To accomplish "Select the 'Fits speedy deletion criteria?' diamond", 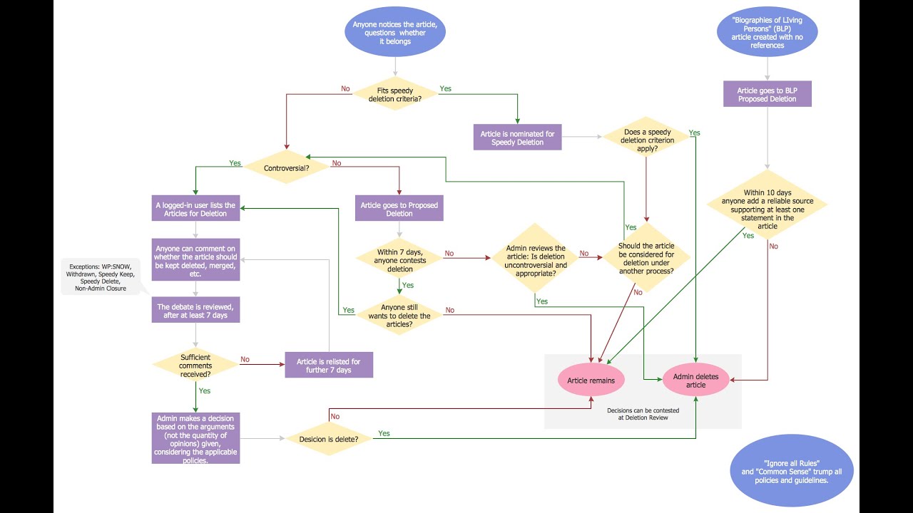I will (x=394, y=95).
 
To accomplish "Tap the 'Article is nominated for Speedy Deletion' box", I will (x=517, y=137).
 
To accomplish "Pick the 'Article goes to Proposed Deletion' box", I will (x=399, y=209).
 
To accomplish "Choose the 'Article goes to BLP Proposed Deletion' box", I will (x=767, y=95).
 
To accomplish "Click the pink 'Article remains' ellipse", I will (x=591, y=380).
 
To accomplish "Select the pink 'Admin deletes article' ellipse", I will (x=695, y=380).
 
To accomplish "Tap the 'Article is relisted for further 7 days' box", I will (x=329, y=366).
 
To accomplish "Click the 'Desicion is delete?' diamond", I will (x=329, y=438).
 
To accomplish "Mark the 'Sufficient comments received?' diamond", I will (x=195, y=366).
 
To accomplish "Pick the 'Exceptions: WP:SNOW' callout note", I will (x=100, y=276).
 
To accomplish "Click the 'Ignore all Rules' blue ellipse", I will (x=792, y=471).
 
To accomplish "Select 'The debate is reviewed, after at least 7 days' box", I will (x=195, y=311).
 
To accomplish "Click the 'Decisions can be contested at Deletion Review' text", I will (x=643, y=415).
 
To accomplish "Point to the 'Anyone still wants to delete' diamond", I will (x=399, y=315).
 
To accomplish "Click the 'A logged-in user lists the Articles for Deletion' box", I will (x=195, y=209).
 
